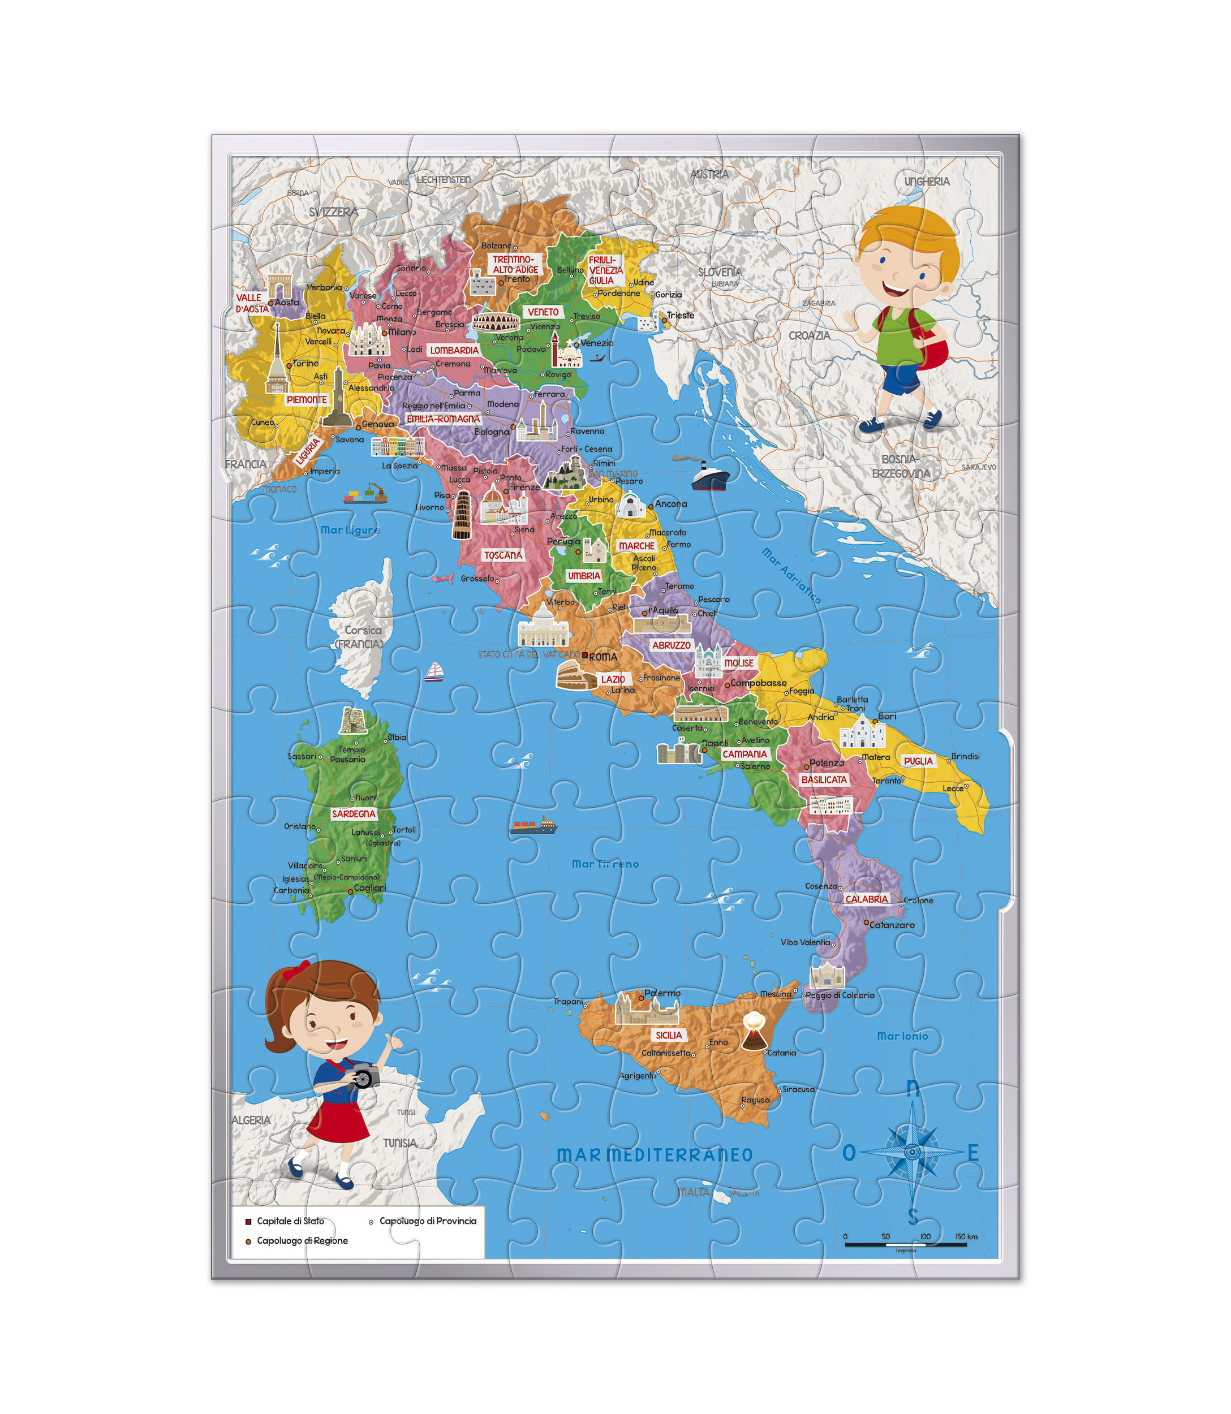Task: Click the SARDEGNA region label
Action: (354, 814)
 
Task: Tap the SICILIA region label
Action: (669, 1035)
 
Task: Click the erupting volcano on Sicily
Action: (754, 1032)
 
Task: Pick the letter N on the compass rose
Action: (913, 1088)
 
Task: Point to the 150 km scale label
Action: (966, 1237)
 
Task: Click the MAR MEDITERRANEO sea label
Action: (655, 1155)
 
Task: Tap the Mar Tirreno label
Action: (605, 864)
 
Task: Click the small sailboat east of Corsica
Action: (433, 671)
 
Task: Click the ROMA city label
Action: (602, 657)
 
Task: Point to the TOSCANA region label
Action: (503, 555)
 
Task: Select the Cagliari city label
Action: (369, 888)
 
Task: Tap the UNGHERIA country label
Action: (927, 182)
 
